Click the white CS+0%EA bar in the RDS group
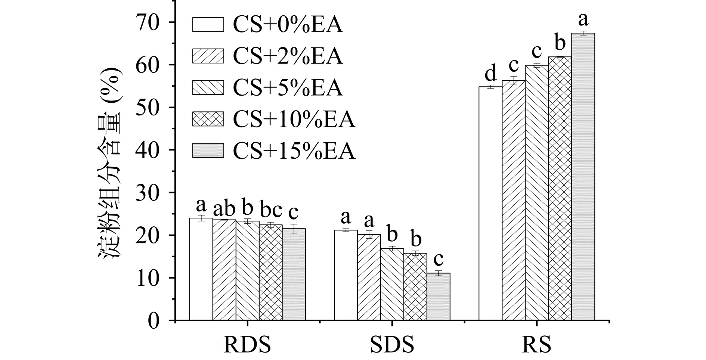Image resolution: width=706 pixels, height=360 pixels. (x=201, y=269)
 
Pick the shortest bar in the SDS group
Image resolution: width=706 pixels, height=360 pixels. (x=438, y=297)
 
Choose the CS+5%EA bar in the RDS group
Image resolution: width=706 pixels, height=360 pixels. (x=247, y=270)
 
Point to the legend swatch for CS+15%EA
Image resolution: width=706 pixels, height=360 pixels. (x=208, y=150)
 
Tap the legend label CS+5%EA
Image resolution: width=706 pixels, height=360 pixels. (x=288, y=88)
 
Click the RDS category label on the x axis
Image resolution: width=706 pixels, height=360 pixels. (x=247, y=345)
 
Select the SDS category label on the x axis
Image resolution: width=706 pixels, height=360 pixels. (x=392, y=345)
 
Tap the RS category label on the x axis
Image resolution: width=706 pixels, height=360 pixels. (x=536, y=345)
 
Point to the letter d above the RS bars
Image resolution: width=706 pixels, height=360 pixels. (x=490, y=73)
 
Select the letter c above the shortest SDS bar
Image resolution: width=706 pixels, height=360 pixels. (x=438, y=259)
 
